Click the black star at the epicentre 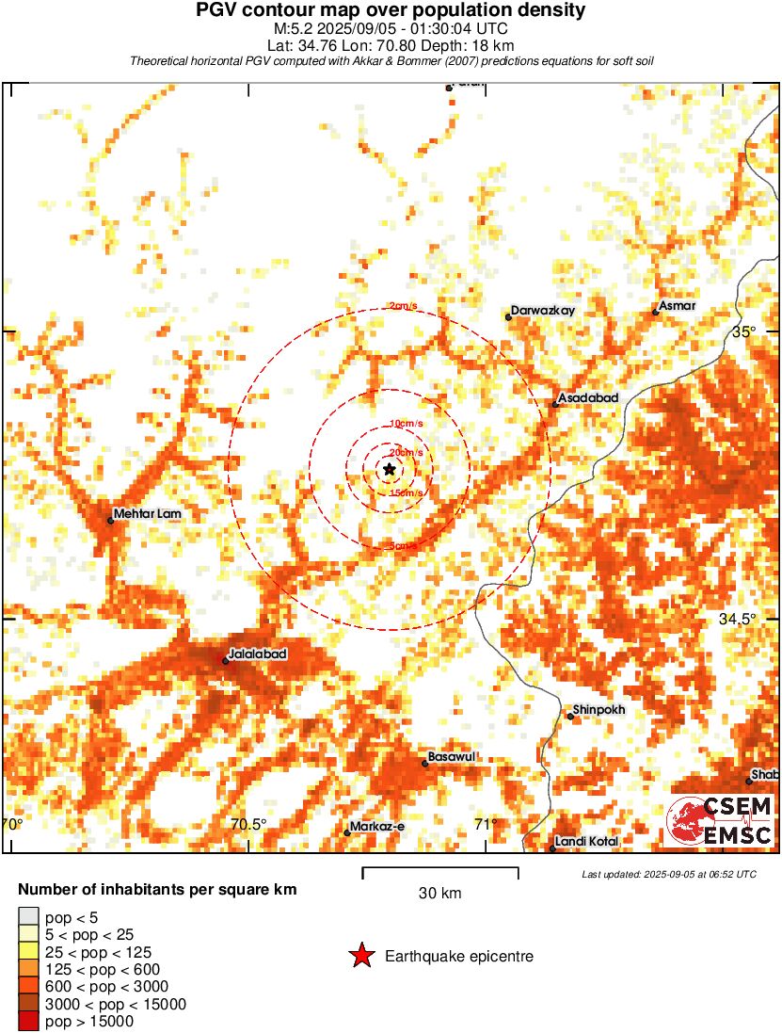tap(390, 469)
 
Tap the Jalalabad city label tap(258, 653)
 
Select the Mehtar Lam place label tap(147, 515)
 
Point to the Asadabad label tap(588, 398)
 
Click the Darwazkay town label tap(544, 311)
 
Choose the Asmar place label tap(678, 306)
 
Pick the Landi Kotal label tap(586, 841)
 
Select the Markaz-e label tap(378, 827)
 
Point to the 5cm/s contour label tap(403, 545)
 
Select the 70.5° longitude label tap(248, 825)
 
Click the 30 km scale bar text tap(439, 894)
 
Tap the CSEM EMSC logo tap(720, 820)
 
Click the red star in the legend tap(361, 957)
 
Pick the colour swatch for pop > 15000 tap(28, 1021)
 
